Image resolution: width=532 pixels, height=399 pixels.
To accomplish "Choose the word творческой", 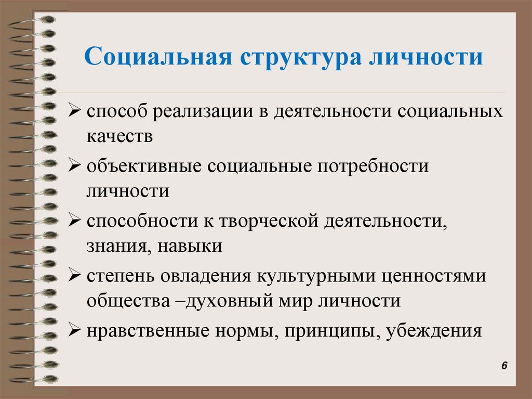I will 267,222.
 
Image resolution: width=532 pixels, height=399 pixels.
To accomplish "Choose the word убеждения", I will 434,330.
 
